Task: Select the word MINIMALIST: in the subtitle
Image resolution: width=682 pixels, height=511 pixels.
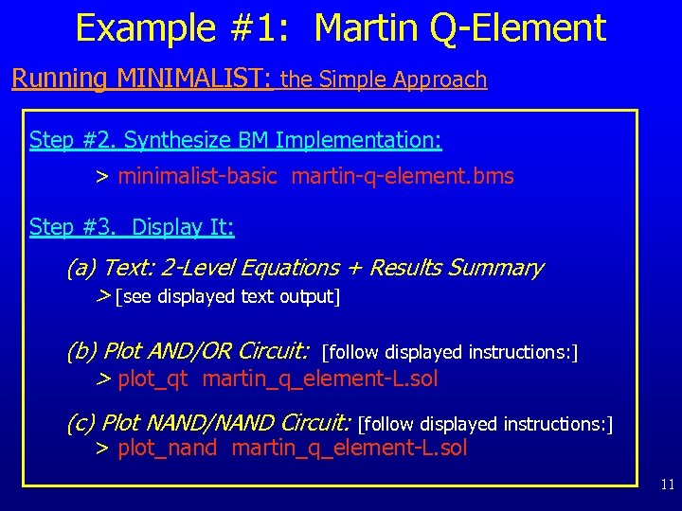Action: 195,79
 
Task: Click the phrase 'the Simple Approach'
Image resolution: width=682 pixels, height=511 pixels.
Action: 384,79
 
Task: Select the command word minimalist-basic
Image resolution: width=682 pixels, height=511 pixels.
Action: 197,176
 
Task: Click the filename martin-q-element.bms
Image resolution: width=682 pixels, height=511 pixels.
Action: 403,176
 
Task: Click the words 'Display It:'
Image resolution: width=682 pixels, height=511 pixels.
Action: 183,227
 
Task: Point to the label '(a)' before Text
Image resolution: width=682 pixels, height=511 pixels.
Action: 81,269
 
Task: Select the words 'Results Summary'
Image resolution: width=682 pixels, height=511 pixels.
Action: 456,269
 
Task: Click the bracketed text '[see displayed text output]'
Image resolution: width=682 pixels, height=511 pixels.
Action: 227,297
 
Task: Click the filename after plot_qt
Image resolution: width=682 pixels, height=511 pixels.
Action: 320,379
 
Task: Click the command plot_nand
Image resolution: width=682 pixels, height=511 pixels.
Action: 168,449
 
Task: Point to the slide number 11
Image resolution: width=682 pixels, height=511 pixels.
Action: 667,485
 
